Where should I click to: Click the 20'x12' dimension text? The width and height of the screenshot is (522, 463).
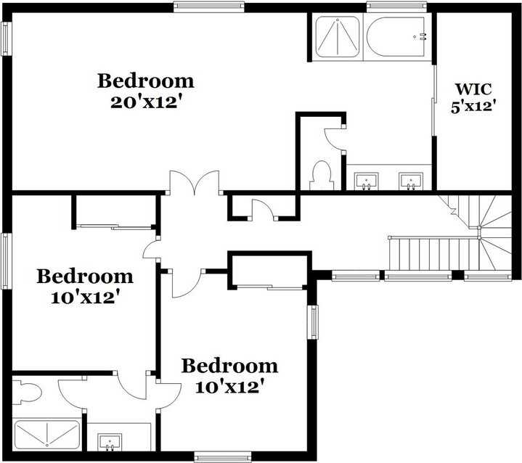pos(147,102)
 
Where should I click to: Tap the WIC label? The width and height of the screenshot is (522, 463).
pos(473,89)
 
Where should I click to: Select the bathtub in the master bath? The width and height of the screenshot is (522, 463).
pos(396,37)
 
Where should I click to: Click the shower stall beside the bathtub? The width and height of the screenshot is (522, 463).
pos(338,37)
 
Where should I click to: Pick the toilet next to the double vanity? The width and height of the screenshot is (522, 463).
pos(321,176)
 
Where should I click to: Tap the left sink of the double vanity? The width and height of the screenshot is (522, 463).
pos(366,181)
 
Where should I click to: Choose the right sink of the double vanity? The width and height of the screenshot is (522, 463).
pos(411,181)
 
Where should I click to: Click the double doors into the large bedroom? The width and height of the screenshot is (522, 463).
pos(195,182)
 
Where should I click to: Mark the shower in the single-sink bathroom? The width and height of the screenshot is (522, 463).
pos(47,434)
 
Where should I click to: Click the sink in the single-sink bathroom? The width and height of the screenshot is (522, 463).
pos(110,443)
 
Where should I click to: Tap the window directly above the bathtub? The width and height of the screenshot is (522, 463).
pos(396,7)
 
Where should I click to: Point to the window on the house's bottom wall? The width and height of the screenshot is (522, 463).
pos(223,456)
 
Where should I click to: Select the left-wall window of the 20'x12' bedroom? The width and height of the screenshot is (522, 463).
pos(7,38)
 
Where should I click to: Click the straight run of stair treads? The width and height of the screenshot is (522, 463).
pos(433,254)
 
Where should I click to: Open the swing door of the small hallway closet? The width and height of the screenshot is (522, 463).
pos(263,209)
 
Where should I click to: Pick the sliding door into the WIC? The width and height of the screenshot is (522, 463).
pos(433,100)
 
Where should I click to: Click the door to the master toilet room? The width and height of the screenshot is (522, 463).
pos(335,139)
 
